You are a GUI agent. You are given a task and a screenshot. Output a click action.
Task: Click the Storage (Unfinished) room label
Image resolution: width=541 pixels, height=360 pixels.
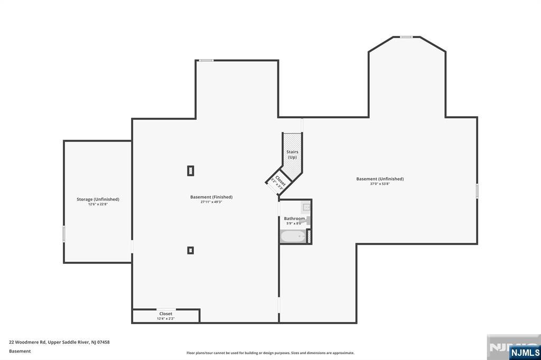click(98, 199)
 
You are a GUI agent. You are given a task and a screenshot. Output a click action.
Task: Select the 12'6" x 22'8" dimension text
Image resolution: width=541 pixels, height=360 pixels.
click(98, 204)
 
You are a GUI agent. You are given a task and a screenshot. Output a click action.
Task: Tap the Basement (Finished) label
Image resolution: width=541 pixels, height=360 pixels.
click(211, 197)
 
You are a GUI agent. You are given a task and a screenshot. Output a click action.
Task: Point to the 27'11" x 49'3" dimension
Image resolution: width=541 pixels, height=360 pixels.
click(211, 202)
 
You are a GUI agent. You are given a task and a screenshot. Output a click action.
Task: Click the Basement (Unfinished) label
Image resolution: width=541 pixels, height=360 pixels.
click(379, 179)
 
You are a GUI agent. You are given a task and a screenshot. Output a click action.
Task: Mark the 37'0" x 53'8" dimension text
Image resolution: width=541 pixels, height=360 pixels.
click(379, 184)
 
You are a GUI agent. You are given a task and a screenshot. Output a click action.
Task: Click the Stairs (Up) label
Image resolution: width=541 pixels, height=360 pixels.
click(292, 154)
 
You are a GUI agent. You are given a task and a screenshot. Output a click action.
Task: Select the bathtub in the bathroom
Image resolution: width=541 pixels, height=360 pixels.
click(293, 236)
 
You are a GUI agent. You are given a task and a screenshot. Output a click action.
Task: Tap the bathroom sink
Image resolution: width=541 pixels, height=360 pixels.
click(306, 207)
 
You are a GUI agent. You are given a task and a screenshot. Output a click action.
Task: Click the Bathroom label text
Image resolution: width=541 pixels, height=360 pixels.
click(294, 219)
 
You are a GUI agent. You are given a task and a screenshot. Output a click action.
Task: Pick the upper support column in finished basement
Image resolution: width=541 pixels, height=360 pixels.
click(191, 170)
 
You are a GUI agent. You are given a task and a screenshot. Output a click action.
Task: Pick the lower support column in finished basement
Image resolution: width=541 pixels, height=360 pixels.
click(190, 250)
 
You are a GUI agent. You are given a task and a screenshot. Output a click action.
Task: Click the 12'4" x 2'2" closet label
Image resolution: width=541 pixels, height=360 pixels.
click(165, 318)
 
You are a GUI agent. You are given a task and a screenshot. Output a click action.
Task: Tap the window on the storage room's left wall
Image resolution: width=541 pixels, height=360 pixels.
click(64, 234)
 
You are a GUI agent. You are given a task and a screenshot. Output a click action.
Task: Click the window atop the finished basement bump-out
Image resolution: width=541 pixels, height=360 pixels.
click(206, 60)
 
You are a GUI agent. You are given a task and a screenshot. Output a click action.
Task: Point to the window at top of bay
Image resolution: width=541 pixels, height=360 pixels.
click(406, 37)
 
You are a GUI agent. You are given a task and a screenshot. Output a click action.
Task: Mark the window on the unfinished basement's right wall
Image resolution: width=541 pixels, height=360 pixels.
click(477, 191)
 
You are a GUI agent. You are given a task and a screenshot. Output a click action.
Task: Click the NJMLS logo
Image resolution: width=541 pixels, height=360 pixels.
click(524, 352)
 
